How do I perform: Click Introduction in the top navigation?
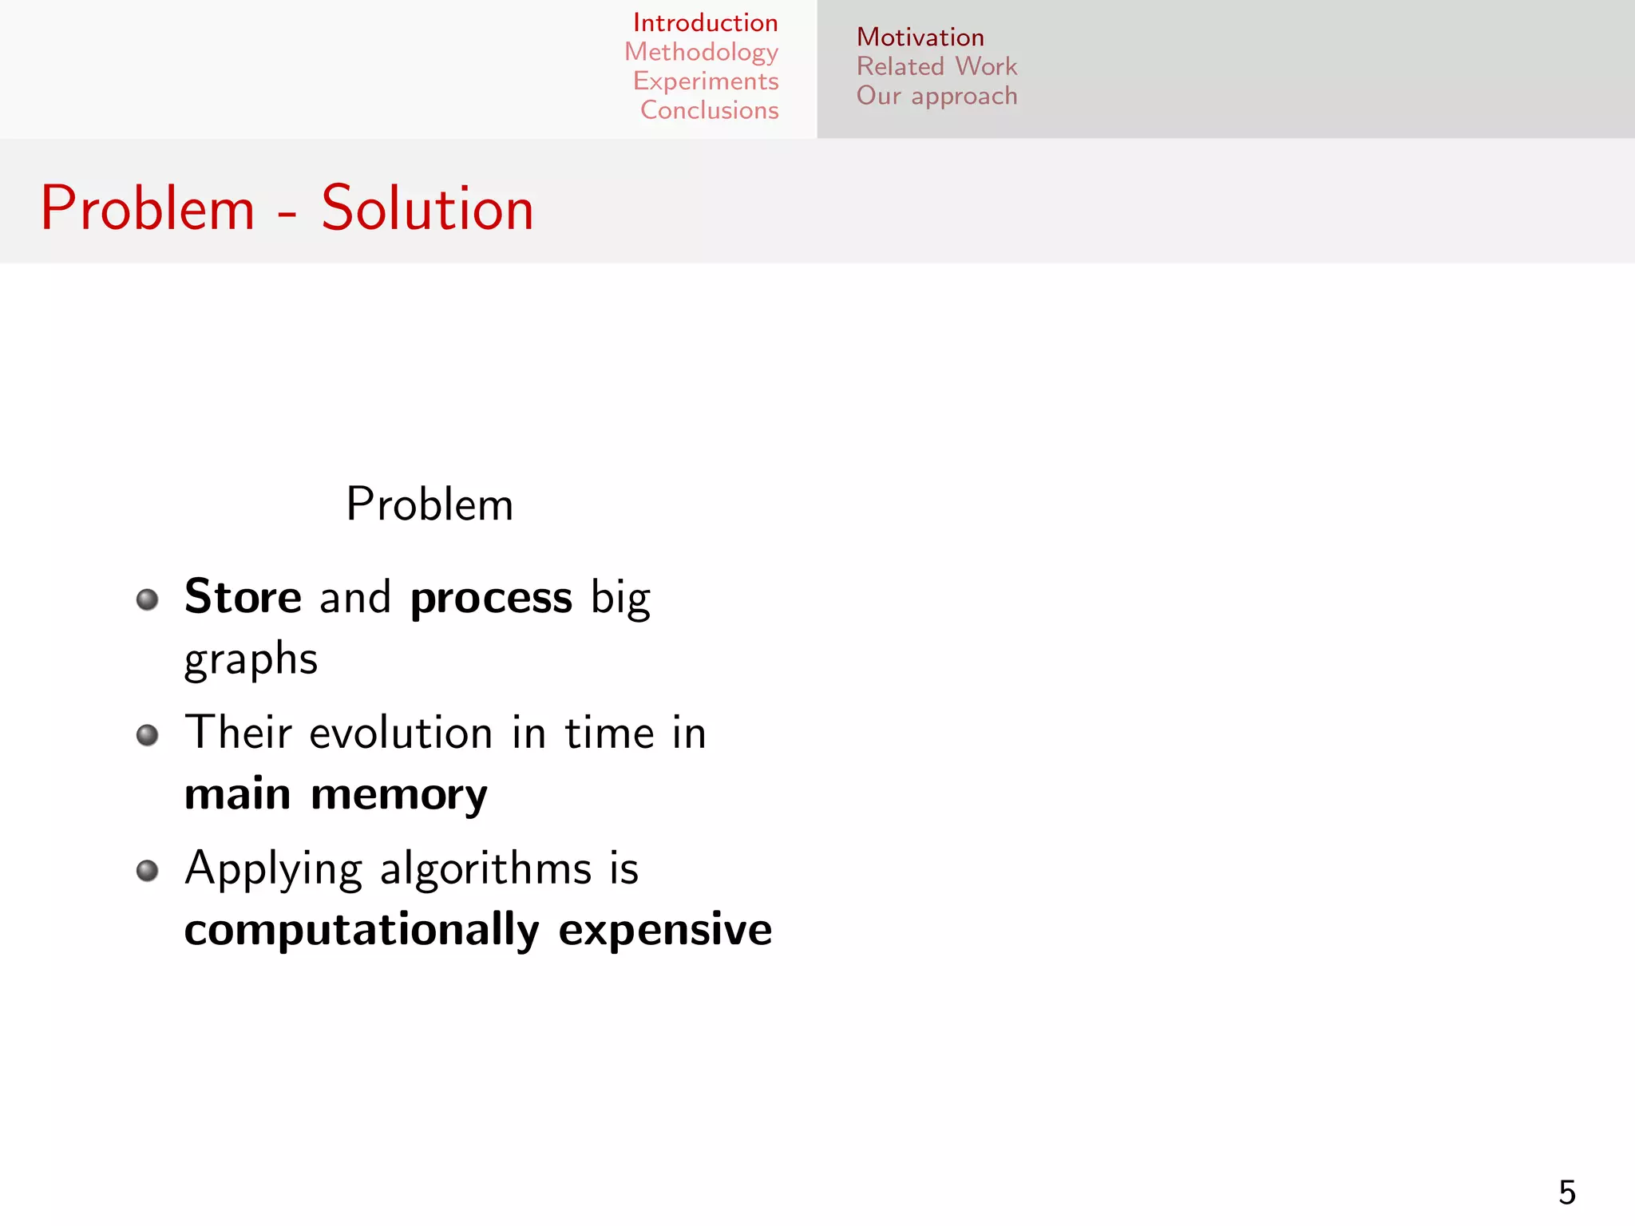tap(705, 23)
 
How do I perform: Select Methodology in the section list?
tap(701, 53)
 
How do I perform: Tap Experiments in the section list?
tap(706, 81)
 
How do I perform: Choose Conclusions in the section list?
tap(709, 110)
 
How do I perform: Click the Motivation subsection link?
tap(920, 38)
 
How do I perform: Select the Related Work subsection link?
tap(936, 66)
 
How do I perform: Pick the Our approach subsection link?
tap(936, 96)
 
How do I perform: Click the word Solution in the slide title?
tap(427, 209)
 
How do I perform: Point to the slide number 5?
tap(1566, 1192)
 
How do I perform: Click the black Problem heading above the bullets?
tap(430, 504)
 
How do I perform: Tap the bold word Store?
tap(243, 597)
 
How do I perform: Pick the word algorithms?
tap(485, 868)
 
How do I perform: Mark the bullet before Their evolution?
tap(147, 734)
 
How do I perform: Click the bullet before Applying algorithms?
tap(147, 870)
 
